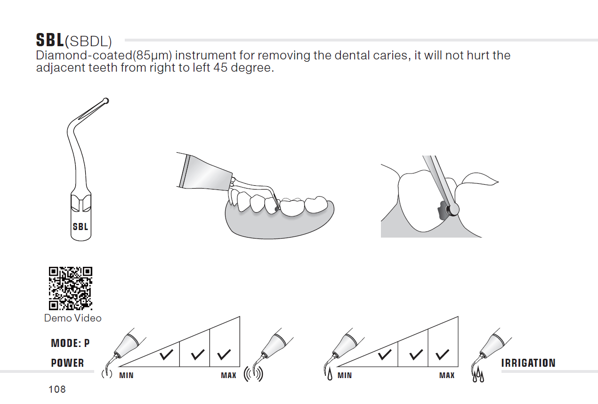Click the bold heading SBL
[50, 40]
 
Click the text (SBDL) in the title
[89, 41]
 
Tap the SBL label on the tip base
[81, 227]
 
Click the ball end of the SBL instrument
[106, 101]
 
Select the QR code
[71, 289]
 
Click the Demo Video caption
[73, 318]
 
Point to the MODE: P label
[71, 343]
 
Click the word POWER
[67, 363]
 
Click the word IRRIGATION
[528, 363]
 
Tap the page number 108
[57, 389]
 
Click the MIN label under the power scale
[126, 375]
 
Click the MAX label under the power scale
[228, 375]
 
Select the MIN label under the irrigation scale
[345, 375]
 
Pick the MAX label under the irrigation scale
[447, 375]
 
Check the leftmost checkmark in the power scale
[166, 355]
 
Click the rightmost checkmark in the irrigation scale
[442, 355]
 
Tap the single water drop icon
[330, 374]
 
